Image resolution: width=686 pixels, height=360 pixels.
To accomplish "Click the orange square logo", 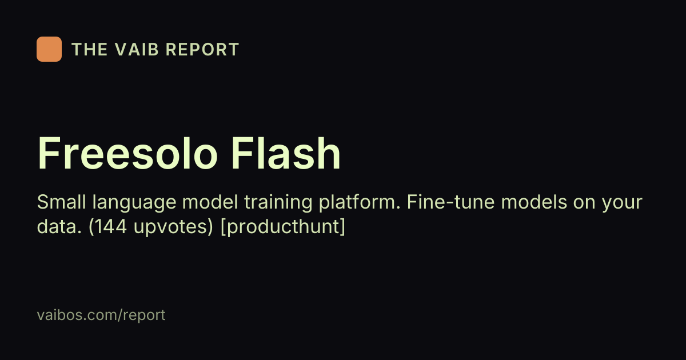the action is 49,49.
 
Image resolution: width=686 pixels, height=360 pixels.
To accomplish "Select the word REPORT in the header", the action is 202,49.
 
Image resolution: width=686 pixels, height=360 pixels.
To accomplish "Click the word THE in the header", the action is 89,49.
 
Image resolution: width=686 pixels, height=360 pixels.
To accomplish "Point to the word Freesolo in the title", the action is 127,153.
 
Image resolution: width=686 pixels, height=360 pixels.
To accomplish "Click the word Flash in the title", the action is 285,153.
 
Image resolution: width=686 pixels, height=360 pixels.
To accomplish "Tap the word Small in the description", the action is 61,202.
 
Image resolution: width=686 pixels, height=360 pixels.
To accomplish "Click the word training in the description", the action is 278,203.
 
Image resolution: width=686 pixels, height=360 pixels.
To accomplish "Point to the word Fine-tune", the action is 450,202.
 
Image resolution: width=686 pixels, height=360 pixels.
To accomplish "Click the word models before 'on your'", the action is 534,202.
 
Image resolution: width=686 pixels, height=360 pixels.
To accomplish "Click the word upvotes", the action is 173,228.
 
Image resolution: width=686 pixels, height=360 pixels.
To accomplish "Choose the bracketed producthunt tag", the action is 282,228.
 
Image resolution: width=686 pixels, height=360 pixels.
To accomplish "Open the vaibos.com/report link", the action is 101,315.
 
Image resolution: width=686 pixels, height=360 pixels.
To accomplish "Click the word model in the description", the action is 210,202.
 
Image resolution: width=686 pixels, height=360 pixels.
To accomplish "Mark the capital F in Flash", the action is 242,153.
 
